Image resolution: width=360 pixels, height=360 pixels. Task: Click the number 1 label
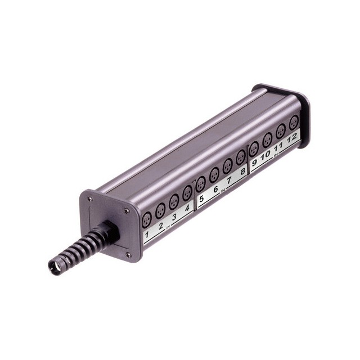(147, 235)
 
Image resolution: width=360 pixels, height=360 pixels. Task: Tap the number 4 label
(187, 208)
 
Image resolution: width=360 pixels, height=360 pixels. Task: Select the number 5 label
(201, 199)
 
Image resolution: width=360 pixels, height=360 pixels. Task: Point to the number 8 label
(242, 172)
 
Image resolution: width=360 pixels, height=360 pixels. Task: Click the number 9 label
(254, 163)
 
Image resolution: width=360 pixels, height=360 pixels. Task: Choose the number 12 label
(292, 138)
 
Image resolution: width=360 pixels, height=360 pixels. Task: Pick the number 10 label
(266, 155)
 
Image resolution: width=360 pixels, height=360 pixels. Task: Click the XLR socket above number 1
(147, 220)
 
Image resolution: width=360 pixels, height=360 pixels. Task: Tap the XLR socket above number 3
(174, 202)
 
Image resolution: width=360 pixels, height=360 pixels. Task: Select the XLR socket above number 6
(214, 175)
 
